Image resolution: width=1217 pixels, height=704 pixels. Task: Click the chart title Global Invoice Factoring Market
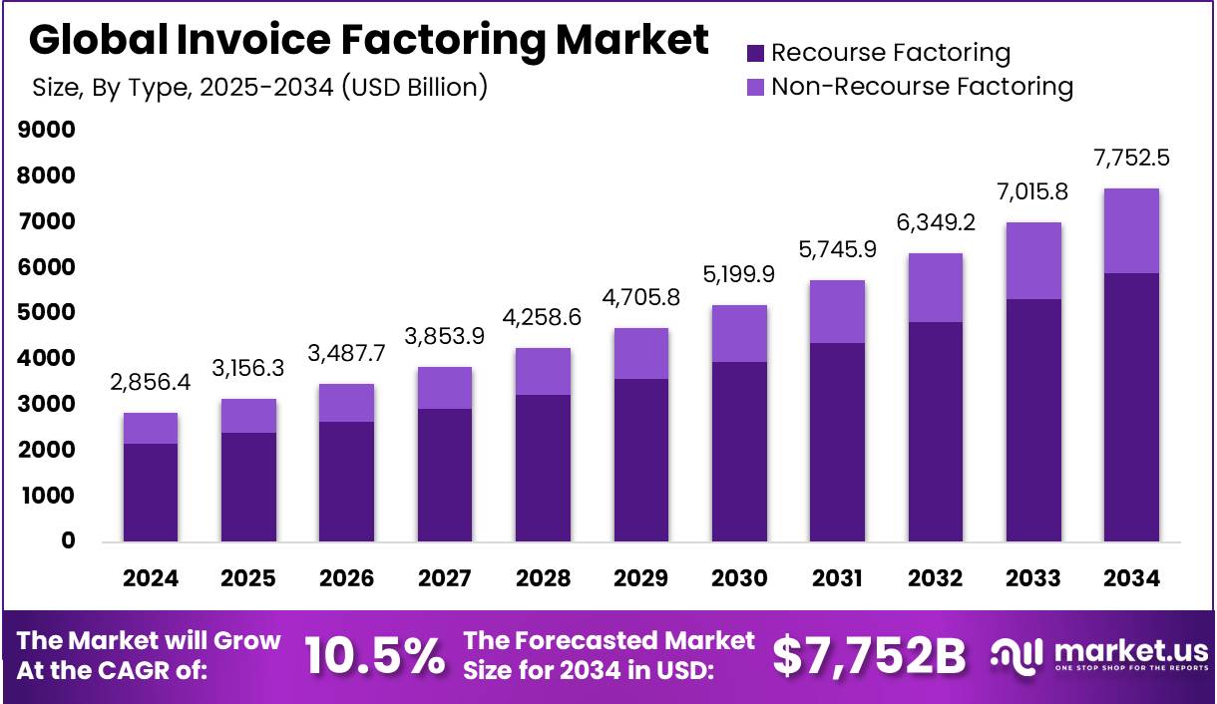point(369,40)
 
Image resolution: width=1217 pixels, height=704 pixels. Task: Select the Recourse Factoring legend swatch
point(755,53)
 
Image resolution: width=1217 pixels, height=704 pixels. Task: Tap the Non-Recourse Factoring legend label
point(922,87)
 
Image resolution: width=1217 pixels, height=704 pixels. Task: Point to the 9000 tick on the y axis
point(45,130)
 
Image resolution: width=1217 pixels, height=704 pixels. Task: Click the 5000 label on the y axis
point(45,312)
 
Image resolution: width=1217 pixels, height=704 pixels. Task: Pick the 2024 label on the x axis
point(150,578)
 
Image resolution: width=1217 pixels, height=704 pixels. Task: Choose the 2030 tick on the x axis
point(739,578)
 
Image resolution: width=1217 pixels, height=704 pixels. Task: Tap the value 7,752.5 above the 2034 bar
point(1132,157)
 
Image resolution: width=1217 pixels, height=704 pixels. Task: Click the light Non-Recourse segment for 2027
point(444,388)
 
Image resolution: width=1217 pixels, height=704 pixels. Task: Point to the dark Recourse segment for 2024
point(150,493)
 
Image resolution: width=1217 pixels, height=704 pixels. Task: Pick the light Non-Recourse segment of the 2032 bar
point(935,287)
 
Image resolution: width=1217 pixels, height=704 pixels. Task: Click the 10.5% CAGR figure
point(374,655)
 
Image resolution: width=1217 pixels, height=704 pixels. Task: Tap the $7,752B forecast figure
point(870,655)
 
